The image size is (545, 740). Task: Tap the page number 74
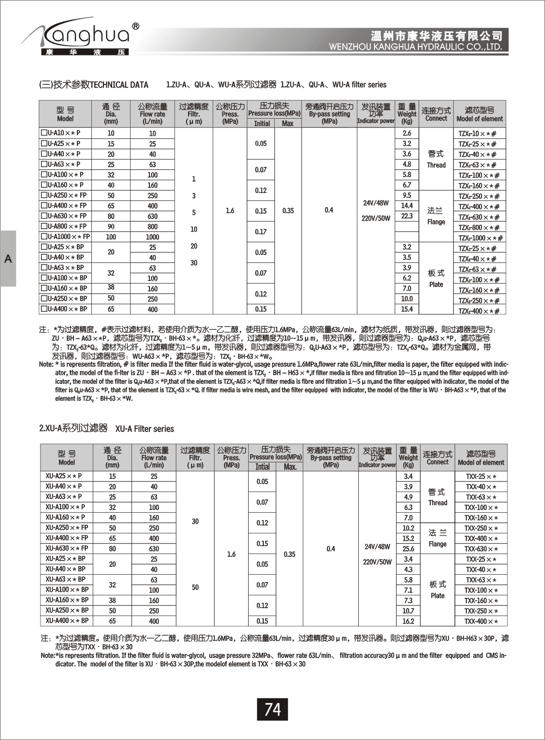[x=272, y=709]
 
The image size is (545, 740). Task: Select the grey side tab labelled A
[x=8, y=259]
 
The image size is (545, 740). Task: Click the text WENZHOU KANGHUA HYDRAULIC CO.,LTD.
[x=415, y=47]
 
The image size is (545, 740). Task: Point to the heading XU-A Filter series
[x=145, y=429]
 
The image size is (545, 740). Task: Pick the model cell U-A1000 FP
[x=65, y=237]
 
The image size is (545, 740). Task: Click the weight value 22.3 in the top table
[x=407, y=216]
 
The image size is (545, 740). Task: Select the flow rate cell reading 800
[x=153, y=226]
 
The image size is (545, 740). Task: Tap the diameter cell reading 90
[x=111, y=226]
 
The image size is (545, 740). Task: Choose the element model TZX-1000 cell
[x=480, y=238]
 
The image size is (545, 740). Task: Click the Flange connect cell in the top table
[x=436, y=216]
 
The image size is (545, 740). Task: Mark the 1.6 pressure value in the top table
[x=230, y=211]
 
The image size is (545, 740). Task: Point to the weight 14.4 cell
[x=407, y=205]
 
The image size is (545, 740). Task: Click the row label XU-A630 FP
[x=67, y=548]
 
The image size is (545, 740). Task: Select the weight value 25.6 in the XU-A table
[x=408, y=549]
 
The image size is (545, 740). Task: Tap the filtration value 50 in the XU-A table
[x=195, y=587]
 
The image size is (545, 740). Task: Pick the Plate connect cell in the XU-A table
[x=438, y=590]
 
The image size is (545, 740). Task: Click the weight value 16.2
[x=408, y=621]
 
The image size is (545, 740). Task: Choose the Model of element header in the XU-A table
[x=481, y=458]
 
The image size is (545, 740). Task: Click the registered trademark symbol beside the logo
[x=136, y=26]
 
